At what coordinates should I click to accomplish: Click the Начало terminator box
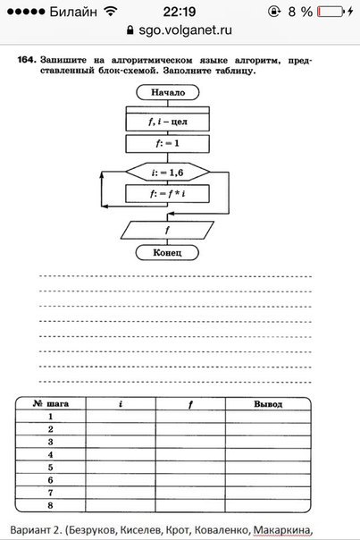(168, 92)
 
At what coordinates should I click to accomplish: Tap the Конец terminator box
(167, 253)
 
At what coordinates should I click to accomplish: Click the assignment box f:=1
(167, 144)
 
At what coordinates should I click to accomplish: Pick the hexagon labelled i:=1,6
(168, 172)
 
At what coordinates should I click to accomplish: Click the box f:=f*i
(167, 193)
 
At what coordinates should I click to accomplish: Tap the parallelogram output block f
(167, 230)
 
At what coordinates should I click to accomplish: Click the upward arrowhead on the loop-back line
(102, 174)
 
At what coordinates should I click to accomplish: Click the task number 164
(27, 60)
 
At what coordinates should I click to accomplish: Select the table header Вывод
(268, 404)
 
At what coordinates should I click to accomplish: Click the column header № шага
(51, 403)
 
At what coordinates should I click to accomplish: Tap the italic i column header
(121, 403)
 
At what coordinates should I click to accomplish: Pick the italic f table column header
(190, 404)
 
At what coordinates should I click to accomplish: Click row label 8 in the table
(51, 505)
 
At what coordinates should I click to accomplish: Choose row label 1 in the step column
(51, 417)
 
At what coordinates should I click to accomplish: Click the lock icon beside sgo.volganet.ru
(130, 30)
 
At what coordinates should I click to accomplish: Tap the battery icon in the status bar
(331, 12)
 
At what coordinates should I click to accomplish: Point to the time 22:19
(180, 12)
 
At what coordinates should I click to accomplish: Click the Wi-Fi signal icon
(111, 12)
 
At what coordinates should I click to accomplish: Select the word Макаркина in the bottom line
(282, 529)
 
